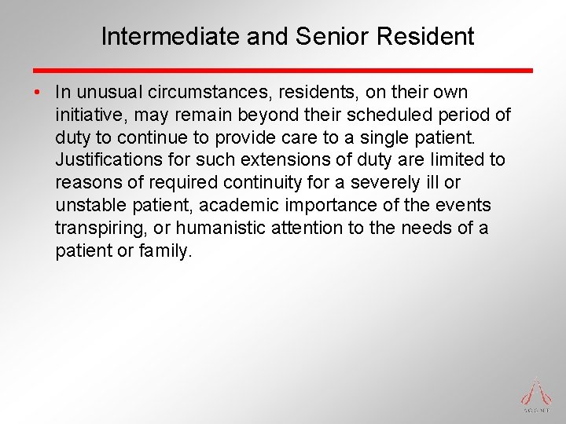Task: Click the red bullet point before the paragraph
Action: coord(38,93)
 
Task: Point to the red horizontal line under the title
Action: coord(283,70)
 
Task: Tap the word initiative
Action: coord(88,115)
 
